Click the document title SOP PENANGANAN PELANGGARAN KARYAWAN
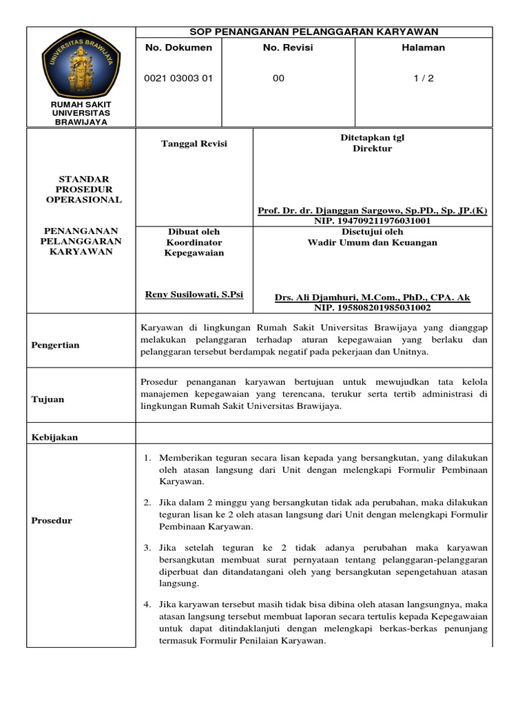(313, 32)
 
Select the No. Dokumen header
(178, 48)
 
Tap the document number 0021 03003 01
(178, 78)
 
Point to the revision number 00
(278, 78)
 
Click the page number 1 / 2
(424, 78)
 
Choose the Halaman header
(424, 48)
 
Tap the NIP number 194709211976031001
(372, 221)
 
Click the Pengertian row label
(56, 345)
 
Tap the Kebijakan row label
(54, 437)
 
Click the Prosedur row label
(52, 520)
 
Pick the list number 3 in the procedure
(147, 547)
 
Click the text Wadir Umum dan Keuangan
(372, 242)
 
